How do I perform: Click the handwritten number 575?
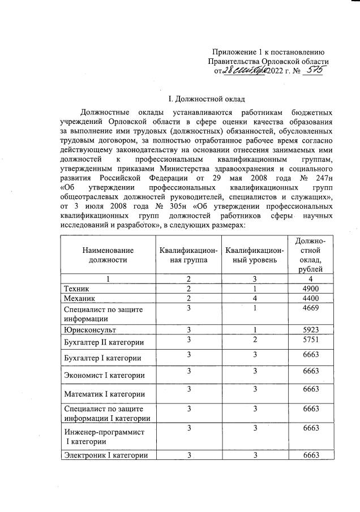313,71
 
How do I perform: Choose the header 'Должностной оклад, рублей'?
311,255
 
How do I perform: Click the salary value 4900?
311,289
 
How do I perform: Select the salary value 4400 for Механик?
311,298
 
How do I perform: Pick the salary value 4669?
311,308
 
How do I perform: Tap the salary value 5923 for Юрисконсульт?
311,329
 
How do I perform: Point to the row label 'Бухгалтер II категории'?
104,343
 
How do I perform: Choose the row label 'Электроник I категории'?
106,455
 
